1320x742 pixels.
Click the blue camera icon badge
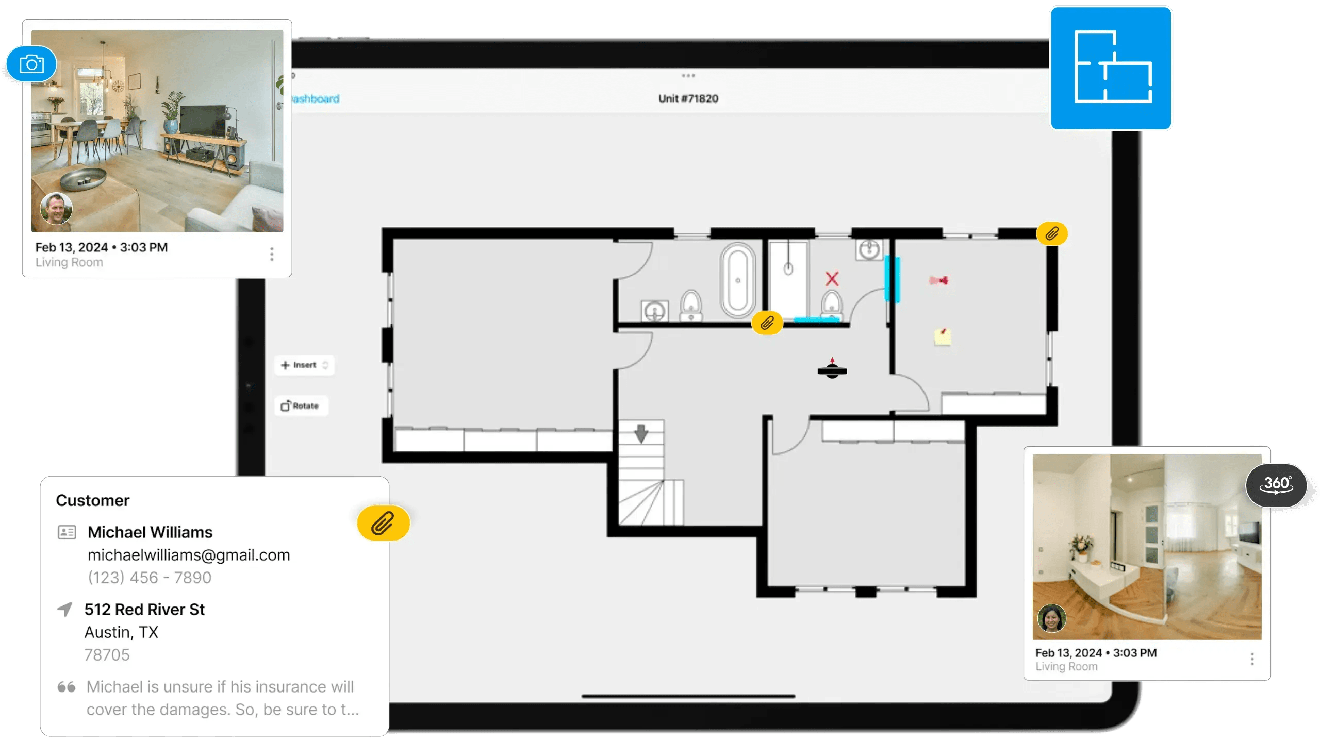pyautogui.click(x=31, y=64)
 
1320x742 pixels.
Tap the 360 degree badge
pyautogui.click(x=1277, y=485)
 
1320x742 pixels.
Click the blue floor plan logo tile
pyautogui.click(x=1111, y=68)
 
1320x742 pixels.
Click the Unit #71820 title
pyautogui.click(x=688, y=98)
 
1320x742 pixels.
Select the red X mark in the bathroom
pyautogui.click(x=832, y=279)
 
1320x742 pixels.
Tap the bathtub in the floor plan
pyautogui.click(x=738, y=280)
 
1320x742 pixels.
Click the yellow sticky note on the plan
pyautogui.click(x=943, y=337)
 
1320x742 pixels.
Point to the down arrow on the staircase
pyautogui.click(x=641, y=433)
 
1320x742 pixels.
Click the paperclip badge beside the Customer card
pyautogui.click(x=383, y=523)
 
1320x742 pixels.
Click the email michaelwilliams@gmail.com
pyautogui.click(x=189, y=555)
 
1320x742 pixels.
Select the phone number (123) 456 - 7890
pyautogui.click(x=150, y=578)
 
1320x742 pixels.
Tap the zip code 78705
pyautogui.click(x=107, y=655)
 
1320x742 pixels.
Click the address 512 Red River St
pyautogui.click(x=144, y=610)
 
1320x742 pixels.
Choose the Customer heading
pyautogui.click(x=93, y=500)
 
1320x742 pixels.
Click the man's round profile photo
pyautogui.click(x=56, y=208)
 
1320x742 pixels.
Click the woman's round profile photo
pyautogui.click(x=1051, y=618)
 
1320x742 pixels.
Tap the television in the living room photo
pyautogui.click(x=202, y=121)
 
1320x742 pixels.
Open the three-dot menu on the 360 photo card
pyautogui.click(x=1252, y=659)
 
